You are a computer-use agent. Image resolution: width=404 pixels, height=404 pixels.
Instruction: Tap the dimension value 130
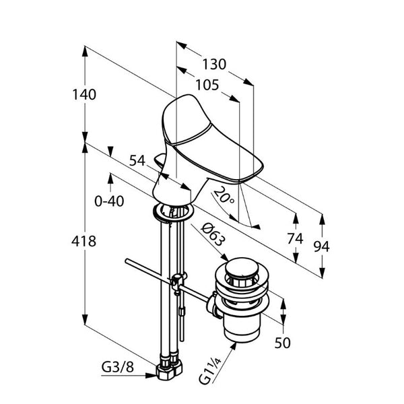click(214, 65)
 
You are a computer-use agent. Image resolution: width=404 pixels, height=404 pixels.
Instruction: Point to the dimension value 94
click(322, 246)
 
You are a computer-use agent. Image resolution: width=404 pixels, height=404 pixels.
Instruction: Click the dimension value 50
click(283, 343)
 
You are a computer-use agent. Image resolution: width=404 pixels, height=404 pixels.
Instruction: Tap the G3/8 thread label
click(117, 368)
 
